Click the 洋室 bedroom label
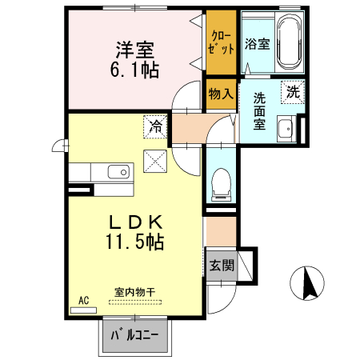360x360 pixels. coord(134,49)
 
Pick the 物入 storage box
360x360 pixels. coord(220,94)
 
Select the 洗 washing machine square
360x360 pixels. coord(292,91)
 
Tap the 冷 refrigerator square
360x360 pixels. coord(155,126)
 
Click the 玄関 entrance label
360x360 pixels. coord(221,266)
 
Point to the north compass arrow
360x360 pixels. coord(309,283)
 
